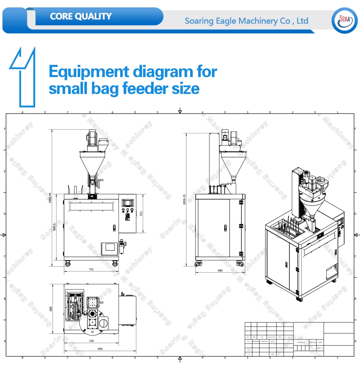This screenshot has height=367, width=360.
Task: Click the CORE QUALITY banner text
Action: click(x=81, y=17)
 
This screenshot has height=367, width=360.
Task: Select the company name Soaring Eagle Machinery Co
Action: click(x=246, y=21)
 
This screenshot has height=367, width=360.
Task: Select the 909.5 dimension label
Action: click(x=54, y=227)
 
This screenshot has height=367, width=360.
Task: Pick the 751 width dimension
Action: click(x=91, y=270)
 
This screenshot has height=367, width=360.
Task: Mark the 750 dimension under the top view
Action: click(x=91, y=341)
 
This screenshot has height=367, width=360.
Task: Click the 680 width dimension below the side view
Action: click(x=220, y=271)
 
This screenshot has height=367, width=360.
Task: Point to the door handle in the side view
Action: click(x=225, y=228)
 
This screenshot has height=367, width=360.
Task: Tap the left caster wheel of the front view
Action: click(x=67, y=263)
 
